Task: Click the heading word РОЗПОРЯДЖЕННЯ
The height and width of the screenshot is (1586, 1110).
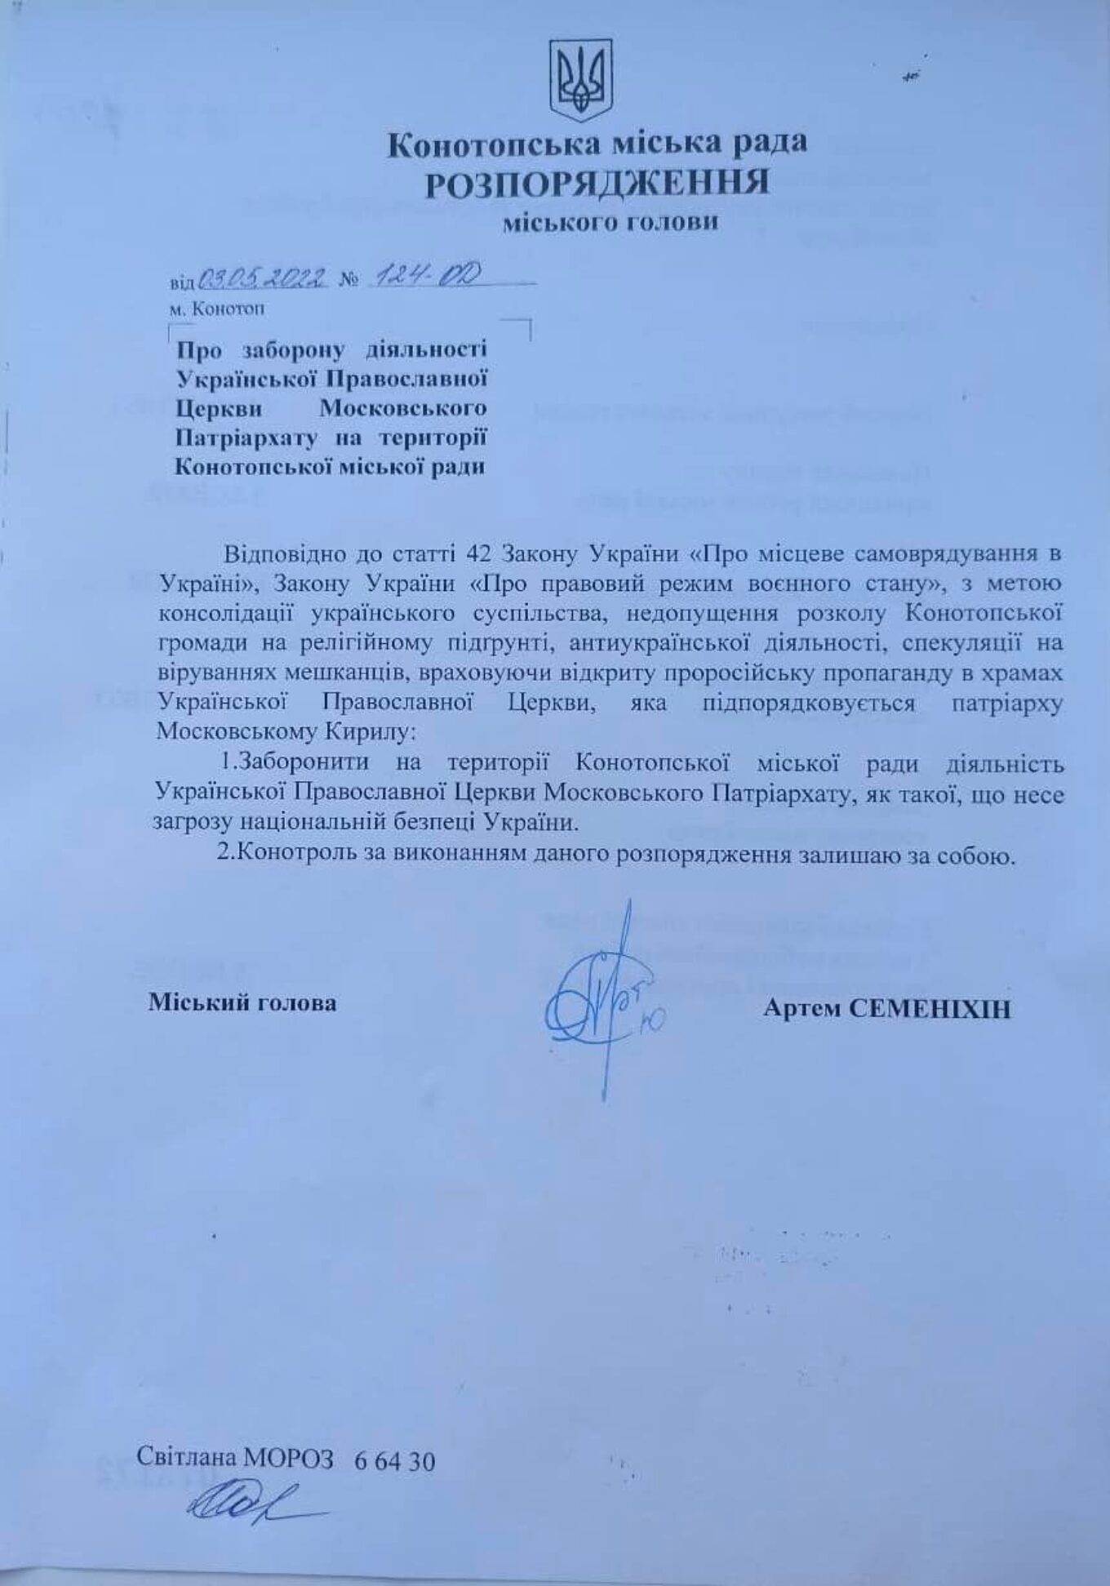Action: [x=597, y=182]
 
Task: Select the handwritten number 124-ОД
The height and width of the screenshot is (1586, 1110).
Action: [x=421, y=278]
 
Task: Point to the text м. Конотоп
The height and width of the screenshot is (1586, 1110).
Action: [x=218, y=309]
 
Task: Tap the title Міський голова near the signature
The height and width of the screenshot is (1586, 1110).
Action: [x=242, y=1002]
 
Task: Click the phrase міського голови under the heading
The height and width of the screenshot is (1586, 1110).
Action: [x=610, y=222]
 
